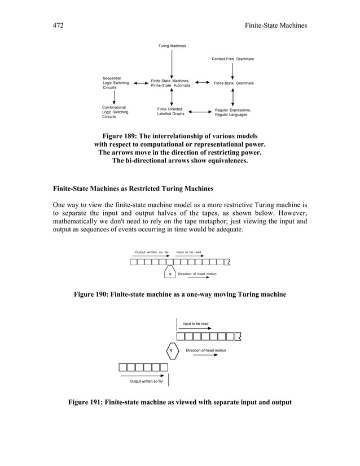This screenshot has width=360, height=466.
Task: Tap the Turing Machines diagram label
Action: (x=172, y=46)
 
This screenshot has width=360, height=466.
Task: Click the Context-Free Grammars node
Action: (x=232, y=59)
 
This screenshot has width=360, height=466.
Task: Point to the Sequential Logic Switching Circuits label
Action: (x=115, y=83)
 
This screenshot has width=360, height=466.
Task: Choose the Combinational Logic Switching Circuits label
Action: (x=115, y=112)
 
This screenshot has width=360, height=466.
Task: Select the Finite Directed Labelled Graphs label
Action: (x=170, y=111)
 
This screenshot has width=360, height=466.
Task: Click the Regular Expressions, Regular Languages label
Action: (x=233, y=112)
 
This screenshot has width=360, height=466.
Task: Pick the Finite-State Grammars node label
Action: (x=233, y=83)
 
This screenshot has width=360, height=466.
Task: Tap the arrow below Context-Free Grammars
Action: (x=233, y=71)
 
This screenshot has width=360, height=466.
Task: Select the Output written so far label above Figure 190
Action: (x=152, y=252)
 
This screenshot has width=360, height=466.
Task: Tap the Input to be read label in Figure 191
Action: (x=195, y=323)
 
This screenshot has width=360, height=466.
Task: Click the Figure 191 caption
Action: (x=179, y=402)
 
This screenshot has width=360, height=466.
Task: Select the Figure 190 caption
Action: (x=179, y=294)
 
